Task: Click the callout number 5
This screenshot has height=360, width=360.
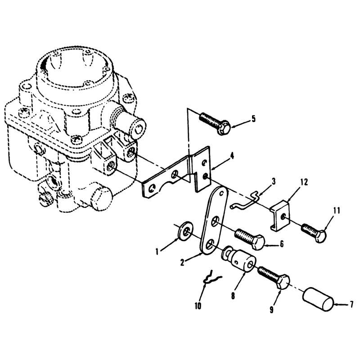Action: [x=253, y=119]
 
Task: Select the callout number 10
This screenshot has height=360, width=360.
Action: [x=198, y=306]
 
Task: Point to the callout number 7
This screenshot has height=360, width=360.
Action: [x=351, y=305]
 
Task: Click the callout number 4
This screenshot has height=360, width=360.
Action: [x=232, y=156]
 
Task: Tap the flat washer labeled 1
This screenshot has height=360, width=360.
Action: [x=186, y=231]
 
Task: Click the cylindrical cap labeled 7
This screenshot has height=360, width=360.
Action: [x=319, y=299]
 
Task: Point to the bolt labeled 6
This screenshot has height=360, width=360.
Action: [x=249, y=239]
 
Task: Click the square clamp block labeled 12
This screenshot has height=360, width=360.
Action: [x=280, y=216]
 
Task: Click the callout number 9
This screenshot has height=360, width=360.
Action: [x=271, y=309]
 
